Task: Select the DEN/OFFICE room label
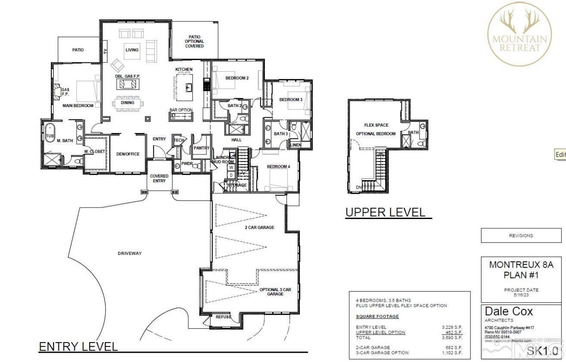pyautogui.click(x=127, y=154)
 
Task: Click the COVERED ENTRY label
pyautogui.click(x=159, y=178)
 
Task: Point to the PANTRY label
pyautogui.click(x=201, y=148)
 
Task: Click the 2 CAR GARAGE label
pyautogui.click(x=260, y=227)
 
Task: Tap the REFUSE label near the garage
pyautogui.click(x=224, y=317)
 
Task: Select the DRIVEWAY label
pyautogui.click(x=130, y=253)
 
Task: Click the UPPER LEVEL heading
pyautogui.click(x=385, y=212)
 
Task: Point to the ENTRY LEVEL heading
pyautogui.click(x=78, y=346)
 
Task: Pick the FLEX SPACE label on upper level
pyautogui.click(x=376, y=125)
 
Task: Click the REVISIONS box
pyautogui.click(x=521, y=235)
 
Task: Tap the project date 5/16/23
pyautogui.click(x=521, y=294)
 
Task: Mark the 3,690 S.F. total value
pyautogui.click(x=452, y=338)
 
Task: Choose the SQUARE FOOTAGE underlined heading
pyautogui.click(x=377, y=316)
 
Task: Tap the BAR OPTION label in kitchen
pyautogui.click(x=181, y=110)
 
